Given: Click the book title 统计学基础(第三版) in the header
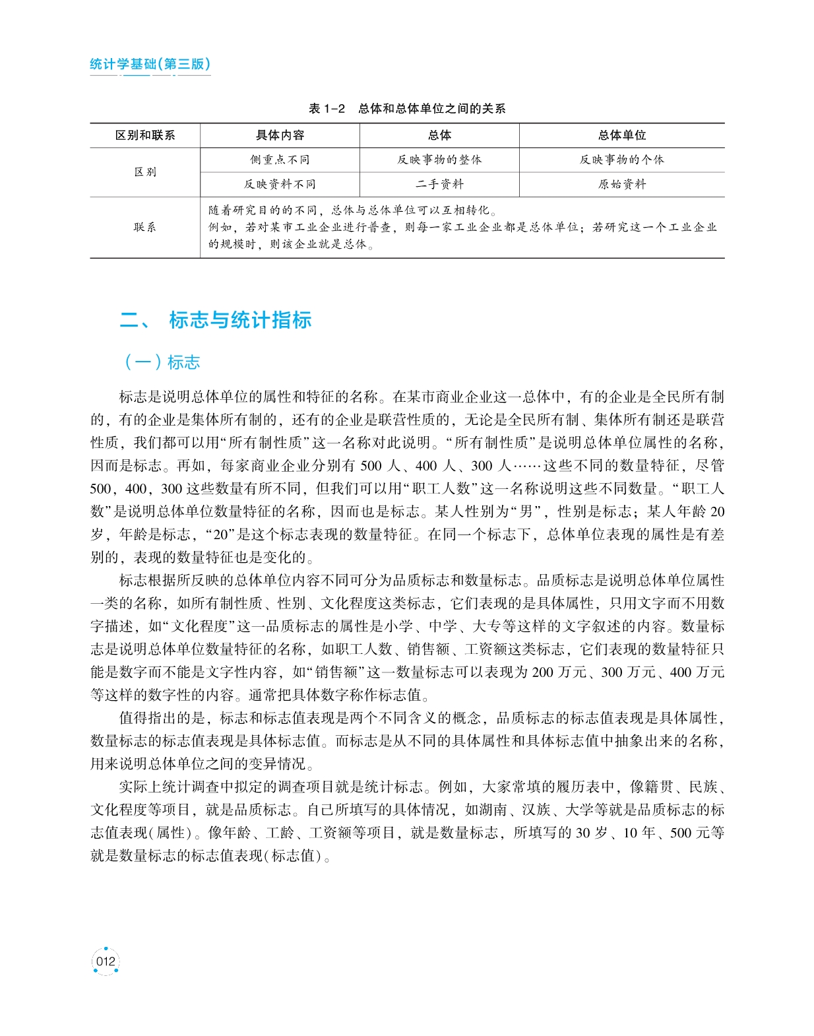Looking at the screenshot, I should (x=150, y=64).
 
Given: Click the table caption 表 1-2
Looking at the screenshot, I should (x=327, y=108).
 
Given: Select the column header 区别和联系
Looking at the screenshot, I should (x=145, y=135).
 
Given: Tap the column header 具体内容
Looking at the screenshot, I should (x=280, y=135).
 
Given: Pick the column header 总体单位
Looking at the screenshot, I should (x=621, y=135).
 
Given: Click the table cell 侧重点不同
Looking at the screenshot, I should (x=280, y=160).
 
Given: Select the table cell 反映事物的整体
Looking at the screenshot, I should (x=439, y=160).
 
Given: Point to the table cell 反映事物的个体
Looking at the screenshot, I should (x=621, y=160).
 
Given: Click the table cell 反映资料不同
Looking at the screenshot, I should (x=280, y=184).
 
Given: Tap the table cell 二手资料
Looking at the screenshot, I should (x=439, y=184).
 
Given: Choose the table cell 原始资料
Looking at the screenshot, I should (x=621, y=184).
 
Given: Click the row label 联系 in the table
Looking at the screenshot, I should (x=145, y=227).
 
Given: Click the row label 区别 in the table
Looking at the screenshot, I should (x=145, y=172).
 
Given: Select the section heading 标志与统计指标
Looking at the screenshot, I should (x=240, y=320).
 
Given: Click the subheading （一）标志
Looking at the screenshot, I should (x=162, y=362).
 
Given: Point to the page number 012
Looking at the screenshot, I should (x=106, y=961).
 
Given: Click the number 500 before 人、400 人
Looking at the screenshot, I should (x=371, y=466).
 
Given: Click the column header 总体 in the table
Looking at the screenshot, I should (x=439, y=135).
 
